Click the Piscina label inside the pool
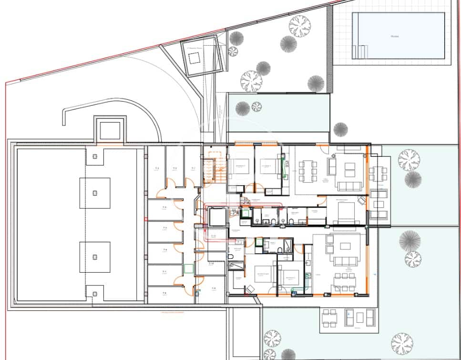point(394,36)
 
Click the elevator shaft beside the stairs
point(217,217)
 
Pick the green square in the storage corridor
point(189,268)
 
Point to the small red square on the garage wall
point(145,219)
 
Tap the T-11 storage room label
point(214,236)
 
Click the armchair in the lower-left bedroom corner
point(249,289)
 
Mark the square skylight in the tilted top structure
point(194,59)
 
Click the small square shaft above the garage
point(110,129)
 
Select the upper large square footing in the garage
point(94,193)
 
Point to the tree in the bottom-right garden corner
point(402,343)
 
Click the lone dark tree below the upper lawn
point(340,129)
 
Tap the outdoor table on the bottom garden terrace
point(329,318)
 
